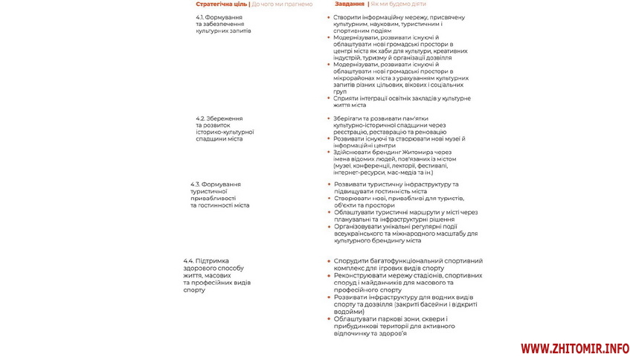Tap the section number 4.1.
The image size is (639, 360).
(x=201, y=16)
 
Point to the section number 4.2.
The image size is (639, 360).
(x=200, y=118)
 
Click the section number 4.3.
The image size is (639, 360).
(x=196, y=184)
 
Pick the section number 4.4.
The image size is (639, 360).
(x=189, y=261)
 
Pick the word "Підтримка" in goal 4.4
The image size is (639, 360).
(x=211, y=261)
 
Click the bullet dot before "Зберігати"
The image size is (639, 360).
(x=329, y=118)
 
